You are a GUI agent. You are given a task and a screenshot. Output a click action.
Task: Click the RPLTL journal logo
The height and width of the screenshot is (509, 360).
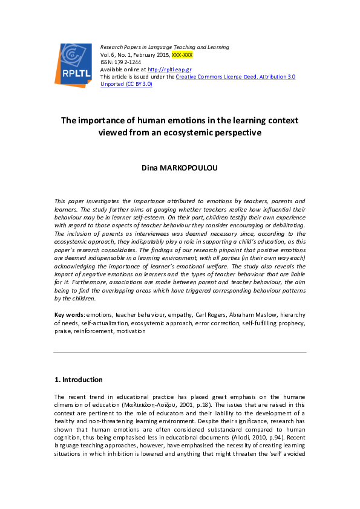point(75,63)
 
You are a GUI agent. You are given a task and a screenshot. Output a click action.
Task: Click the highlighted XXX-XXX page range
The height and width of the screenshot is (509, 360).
point(182,54)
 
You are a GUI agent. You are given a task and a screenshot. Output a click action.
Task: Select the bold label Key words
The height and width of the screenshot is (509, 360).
point(68,314)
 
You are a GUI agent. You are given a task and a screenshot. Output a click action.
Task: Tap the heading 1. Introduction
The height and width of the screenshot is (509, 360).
point(79,380)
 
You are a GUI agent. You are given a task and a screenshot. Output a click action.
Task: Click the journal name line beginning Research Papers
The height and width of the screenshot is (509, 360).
point(165,47)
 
